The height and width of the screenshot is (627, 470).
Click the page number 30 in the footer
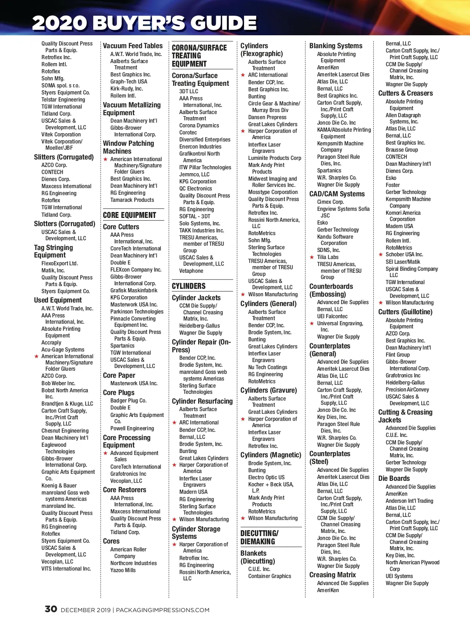click(51, 609)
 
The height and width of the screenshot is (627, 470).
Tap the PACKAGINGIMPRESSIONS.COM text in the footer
click(163, 610)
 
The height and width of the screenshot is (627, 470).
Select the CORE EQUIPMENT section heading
click(129, 215)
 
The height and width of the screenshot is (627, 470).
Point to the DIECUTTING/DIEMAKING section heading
click(259, 537)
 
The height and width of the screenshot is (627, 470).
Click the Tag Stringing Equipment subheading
click(53, 251)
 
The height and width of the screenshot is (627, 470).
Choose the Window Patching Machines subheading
click(128, 147)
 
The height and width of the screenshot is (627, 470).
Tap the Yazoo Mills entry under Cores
click(123, 570)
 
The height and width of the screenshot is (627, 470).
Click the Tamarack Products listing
click(132, 200)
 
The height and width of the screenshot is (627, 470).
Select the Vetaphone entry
click(191, 271)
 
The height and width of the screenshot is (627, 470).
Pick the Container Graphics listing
click(269, 576)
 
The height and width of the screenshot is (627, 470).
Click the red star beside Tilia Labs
click(312, 257)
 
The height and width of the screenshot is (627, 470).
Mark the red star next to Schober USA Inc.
click(381, 255)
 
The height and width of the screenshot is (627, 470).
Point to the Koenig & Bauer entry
click(59, 486)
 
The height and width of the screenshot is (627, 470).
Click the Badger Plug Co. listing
click(128, 400)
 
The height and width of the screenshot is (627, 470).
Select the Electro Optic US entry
click(266, 477)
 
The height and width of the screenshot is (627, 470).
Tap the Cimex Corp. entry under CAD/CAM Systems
click(330, 202)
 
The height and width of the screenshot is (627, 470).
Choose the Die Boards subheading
click(394, 478)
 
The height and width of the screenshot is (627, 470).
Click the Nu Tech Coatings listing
click(268, 367)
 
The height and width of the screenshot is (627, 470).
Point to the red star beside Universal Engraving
click(312, 324)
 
